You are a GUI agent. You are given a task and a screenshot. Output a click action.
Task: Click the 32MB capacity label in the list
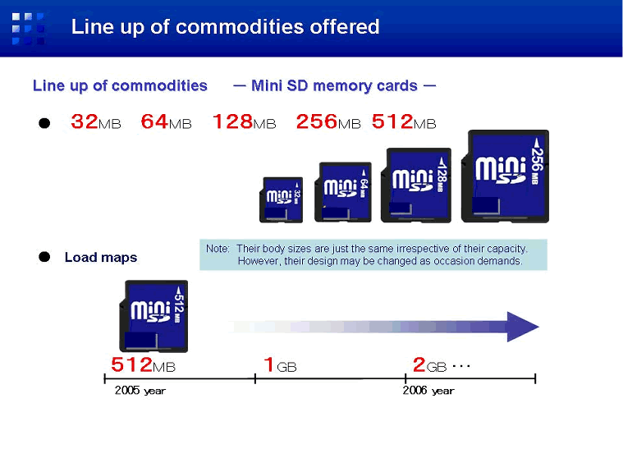pos(96,121)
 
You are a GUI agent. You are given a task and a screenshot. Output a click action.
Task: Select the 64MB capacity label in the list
pos(166,121)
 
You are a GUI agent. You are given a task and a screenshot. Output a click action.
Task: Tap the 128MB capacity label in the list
pos(245,121)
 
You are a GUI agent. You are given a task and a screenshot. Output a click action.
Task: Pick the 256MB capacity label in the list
pos(328,121)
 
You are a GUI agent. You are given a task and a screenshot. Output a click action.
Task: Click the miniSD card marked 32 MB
pos(281,200)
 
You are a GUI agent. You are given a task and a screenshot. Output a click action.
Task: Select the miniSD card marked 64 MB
pos(343,192)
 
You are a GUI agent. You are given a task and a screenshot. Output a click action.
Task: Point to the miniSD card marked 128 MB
pos(416,185)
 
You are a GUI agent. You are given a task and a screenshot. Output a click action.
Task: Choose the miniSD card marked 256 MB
pos(505,176)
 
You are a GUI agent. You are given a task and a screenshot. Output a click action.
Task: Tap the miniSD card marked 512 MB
pos(153,316)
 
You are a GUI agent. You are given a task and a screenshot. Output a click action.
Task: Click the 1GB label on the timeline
pos(280,365)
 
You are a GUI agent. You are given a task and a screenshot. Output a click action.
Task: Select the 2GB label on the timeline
pos(430,365)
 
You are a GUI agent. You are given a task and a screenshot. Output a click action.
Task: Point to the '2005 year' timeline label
pos(140,391)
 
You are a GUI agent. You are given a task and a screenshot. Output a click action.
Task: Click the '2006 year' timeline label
pos(428,391)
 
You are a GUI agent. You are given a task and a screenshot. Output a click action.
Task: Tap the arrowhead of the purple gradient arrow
pos(521,327)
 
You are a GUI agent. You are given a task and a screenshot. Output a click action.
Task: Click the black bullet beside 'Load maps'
pos(44,257)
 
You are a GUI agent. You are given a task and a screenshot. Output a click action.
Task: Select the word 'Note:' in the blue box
pos(218,249)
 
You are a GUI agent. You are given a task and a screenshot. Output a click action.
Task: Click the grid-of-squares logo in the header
pos(28,29)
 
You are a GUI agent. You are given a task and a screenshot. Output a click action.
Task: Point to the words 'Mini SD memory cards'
pos(334,86)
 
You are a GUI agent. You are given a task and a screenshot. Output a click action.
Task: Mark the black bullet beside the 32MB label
pos(44,123)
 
